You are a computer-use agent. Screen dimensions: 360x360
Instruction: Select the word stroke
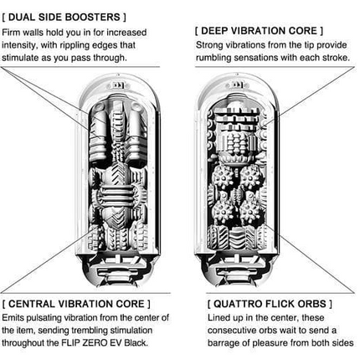click(337, 58)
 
